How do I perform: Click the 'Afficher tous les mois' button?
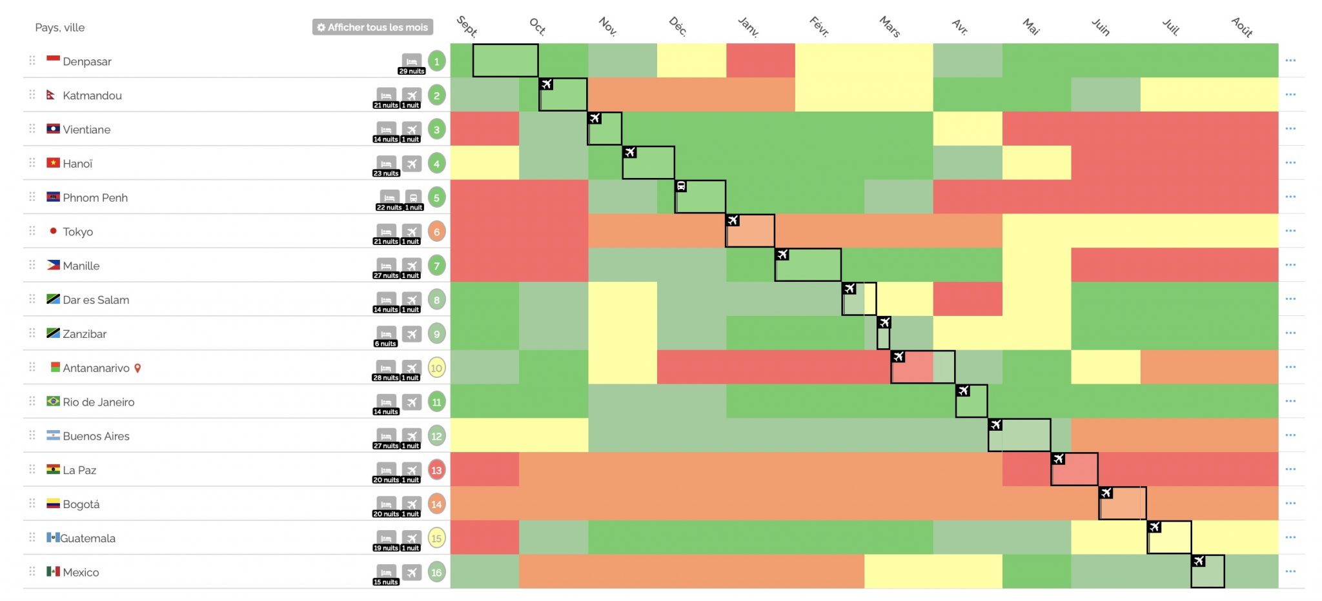[372, 27]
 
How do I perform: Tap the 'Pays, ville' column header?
[60, 28]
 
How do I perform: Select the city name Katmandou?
[92, 95]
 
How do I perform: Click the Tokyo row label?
[77, 232]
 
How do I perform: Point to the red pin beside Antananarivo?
[137, 368]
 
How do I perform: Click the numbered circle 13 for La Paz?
[436, 470]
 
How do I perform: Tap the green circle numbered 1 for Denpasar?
[436, 61]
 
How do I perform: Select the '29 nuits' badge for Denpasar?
[411, 71]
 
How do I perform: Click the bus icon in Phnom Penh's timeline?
[681, 186]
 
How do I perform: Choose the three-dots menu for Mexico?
[1290, 571]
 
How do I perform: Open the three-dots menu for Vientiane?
[1290, 128]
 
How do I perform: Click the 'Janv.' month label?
[748, 26]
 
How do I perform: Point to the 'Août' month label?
[1242, 27]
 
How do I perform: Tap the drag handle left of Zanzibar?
[32, 333]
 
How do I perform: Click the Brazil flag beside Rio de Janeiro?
[53, 401]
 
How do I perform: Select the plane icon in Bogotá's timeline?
[1106, 493]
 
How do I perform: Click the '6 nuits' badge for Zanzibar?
[385, 344]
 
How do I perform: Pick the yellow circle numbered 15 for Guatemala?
[436, 538]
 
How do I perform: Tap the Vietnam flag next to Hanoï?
[53, 163]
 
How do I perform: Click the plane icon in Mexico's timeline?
[1199, 561]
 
